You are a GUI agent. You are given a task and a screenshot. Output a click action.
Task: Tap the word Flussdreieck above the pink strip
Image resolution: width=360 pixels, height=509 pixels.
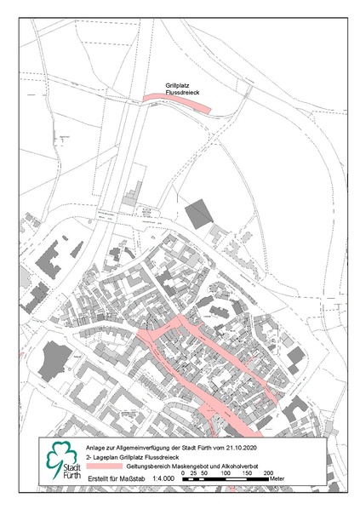[182, 93]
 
